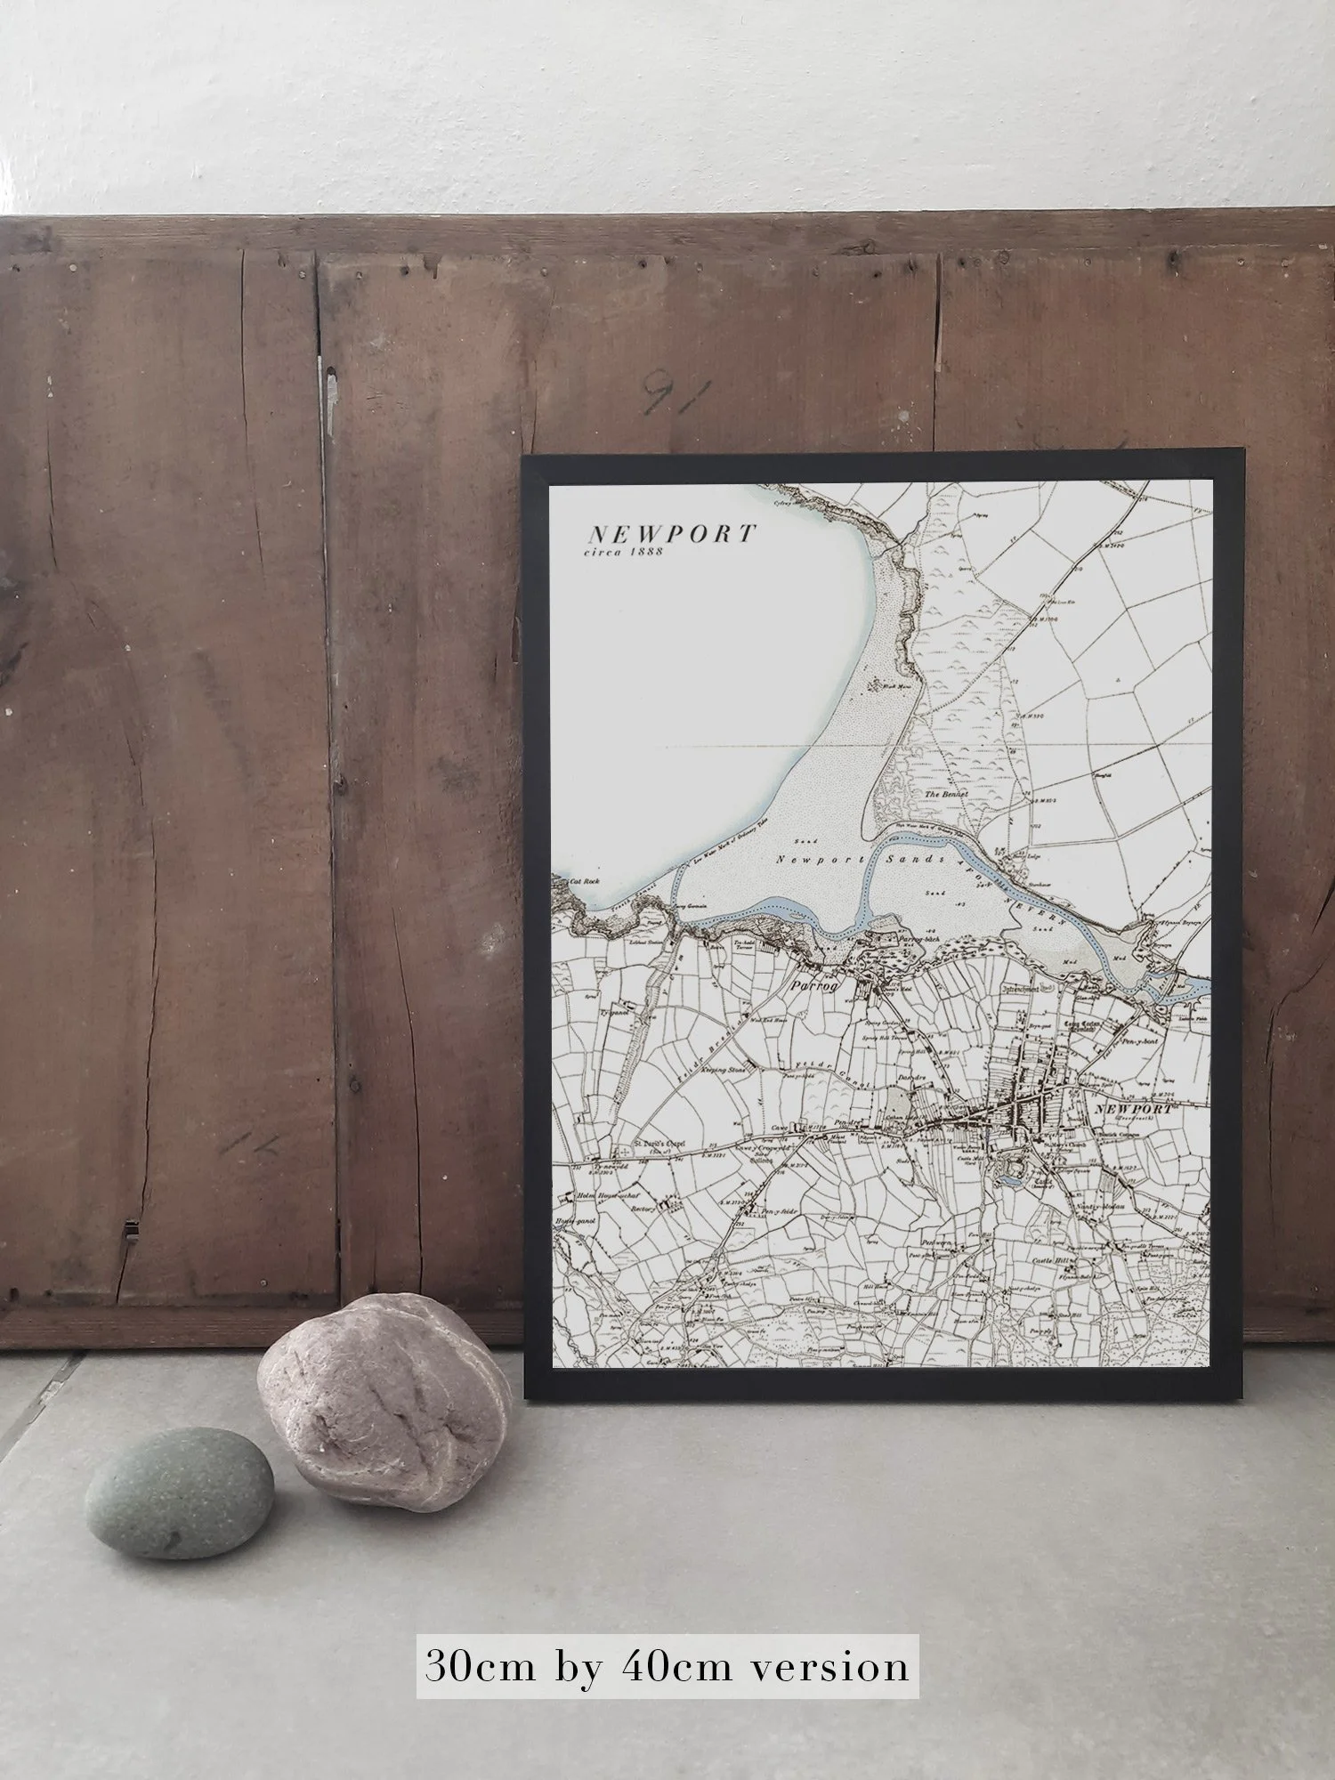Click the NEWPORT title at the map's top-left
pyautogui.click(x=670, y=534)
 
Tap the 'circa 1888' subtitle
pyautogui.click(x=626, y=554)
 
